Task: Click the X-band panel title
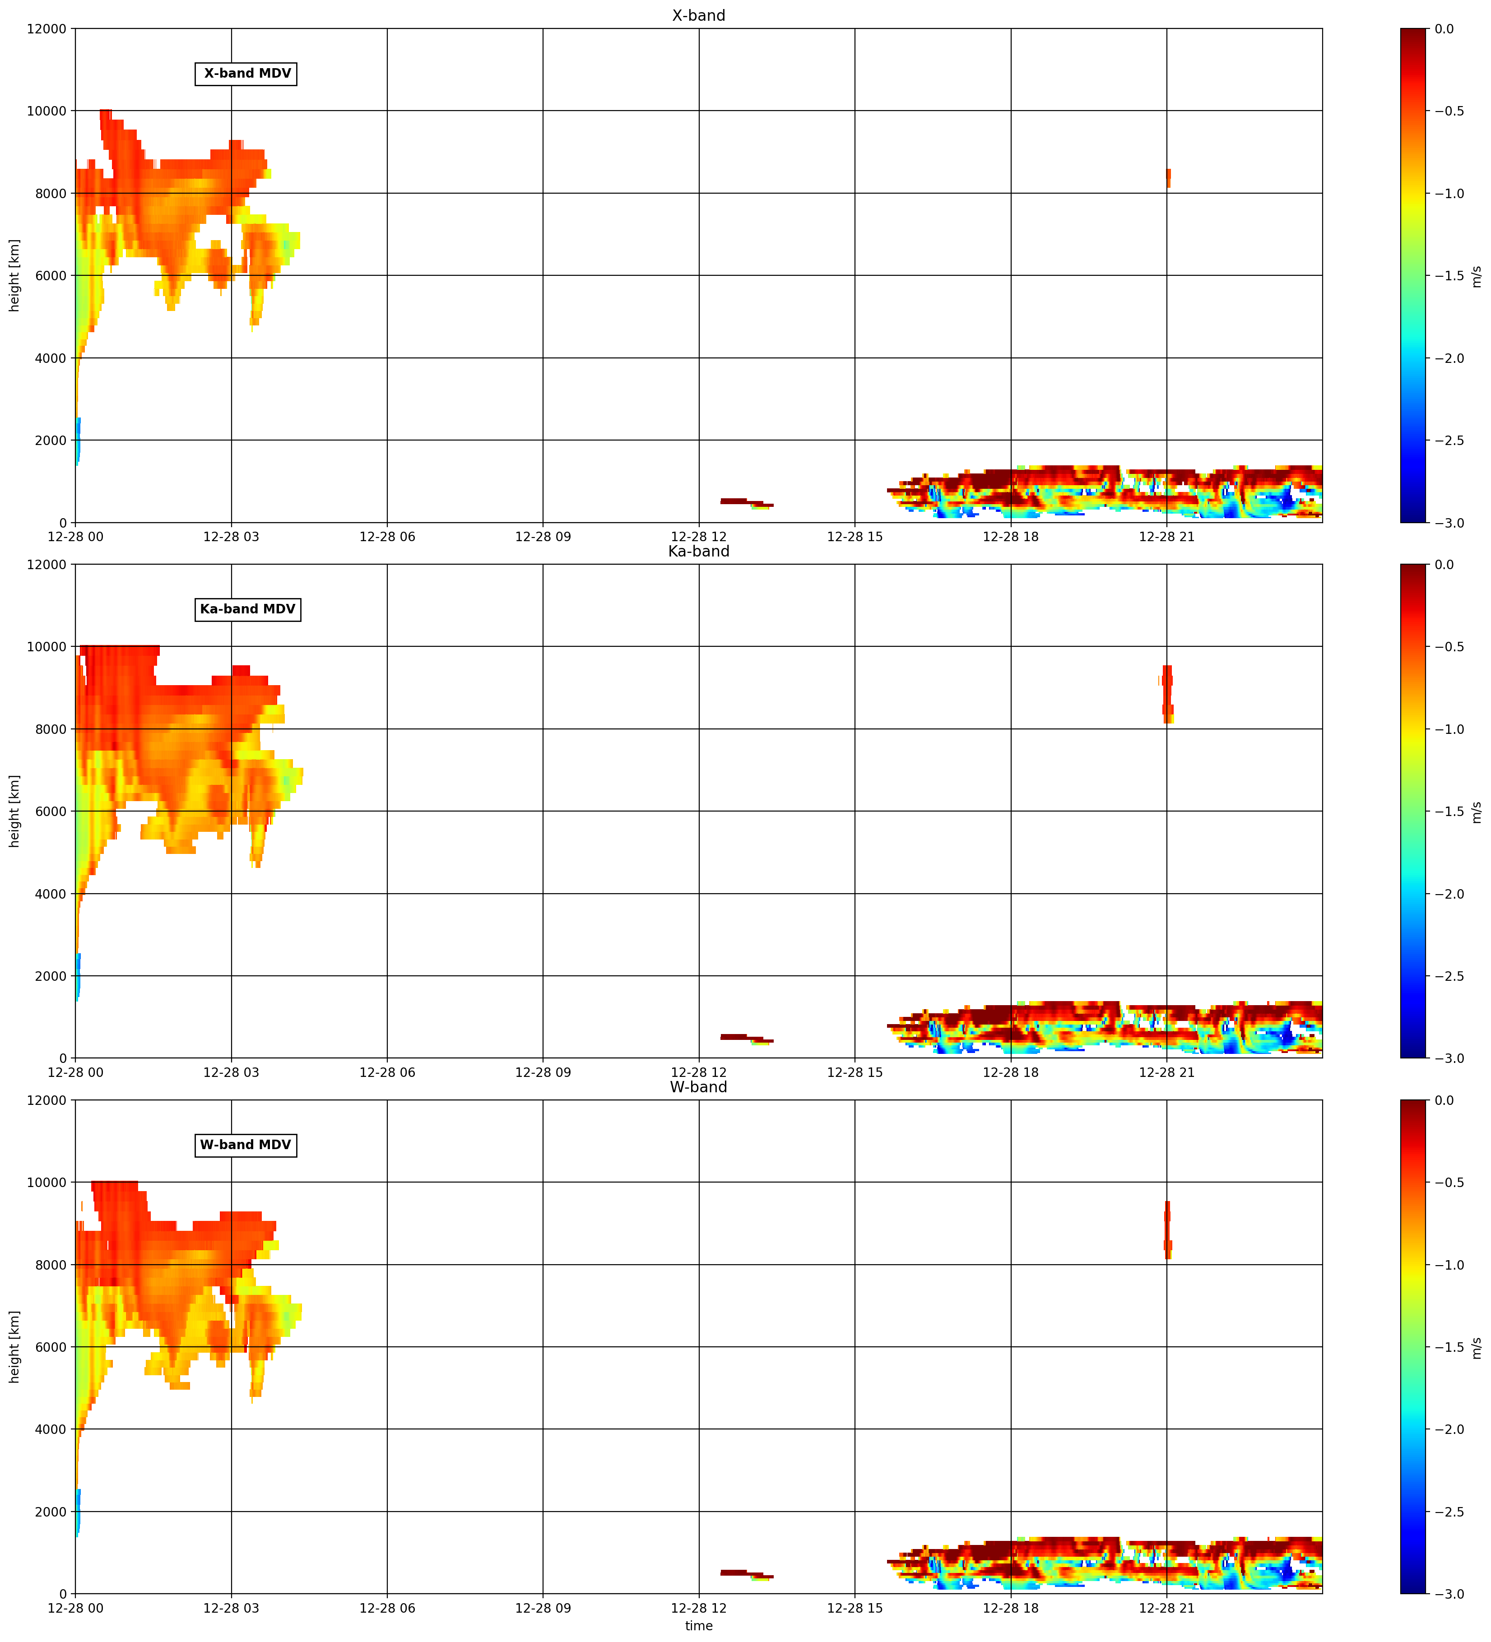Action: (x=698, y=15)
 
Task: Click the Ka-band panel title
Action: (x=698, y=552)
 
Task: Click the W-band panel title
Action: (x=698, y=1087)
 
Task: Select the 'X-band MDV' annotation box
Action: (x=246, y=73)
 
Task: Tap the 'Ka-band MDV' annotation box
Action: (x=248, y=609)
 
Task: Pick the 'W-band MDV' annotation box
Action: (x=246, y=1145)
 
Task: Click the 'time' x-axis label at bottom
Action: (x=698, y=1626)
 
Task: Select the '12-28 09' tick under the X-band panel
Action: (x=543, y=537)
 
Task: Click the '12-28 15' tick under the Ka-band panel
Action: (x=855, y=1073)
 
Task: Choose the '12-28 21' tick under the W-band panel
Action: (x=1167, y=1609)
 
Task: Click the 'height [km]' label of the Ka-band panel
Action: (x=14, y=811)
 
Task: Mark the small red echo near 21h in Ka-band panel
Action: (x=1167, y=694)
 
